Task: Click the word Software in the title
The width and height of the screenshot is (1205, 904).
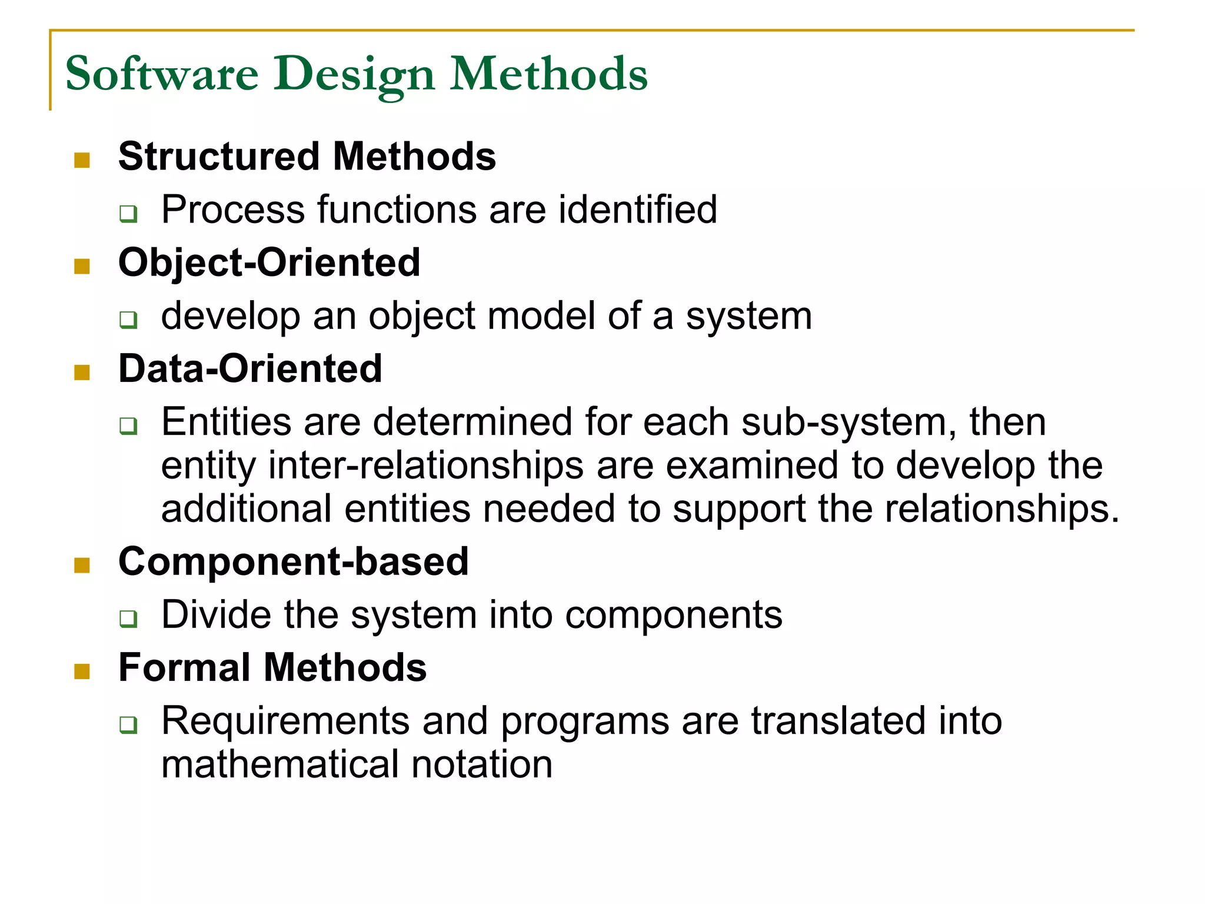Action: (162, 74)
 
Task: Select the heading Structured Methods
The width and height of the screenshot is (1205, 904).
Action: (307, 157)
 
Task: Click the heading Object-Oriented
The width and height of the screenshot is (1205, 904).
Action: (269, 262)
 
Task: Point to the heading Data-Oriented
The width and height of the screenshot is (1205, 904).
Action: (250, 369)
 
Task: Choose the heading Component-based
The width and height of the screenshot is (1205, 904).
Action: (293, 561)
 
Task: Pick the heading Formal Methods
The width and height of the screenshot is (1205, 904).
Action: (272, 668)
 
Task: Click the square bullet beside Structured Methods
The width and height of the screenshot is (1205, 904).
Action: (82, 160)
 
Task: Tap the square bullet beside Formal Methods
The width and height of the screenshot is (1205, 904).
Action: (82, 672)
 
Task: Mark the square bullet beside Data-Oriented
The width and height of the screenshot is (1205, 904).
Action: (82, 373)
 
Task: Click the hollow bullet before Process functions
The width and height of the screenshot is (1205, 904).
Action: (128, 213)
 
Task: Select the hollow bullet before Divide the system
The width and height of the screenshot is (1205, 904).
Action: (128, 619)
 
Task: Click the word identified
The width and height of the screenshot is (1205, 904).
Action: (638, 210)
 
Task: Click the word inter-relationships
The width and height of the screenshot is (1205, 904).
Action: (426, 466)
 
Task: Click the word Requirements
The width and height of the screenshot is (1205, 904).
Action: (285, 722)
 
